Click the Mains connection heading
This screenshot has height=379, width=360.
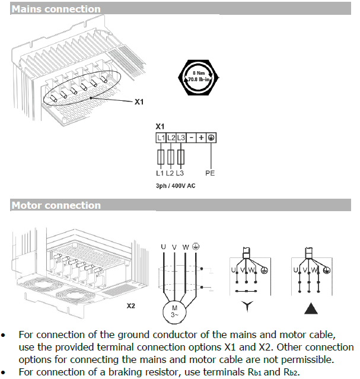coord(56,9)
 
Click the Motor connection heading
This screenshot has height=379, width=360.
coord(56,205)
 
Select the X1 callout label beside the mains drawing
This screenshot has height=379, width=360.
coord(139,102)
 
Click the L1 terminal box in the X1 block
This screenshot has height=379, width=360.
coord(161,138)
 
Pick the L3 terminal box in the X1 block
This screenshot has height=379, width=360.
coord(181,138)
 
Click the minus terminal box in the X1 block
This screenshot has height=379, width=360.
coord(192,138)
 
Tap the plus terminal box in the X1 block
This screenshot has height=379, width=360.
coord(202,138)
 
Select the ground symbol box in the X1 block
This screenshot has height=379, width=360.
coord(212,138)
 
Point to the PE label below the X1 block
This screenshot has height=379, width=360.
coord(211,173)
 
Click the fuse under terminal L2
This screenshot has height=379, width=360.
coord(171,157)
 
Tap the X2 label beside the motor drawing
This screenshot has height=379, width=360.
coord(132,307)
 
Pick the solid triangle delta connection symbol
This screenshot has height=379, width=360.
coord(309,308)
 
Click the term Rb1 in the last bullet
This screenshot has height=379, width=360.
coord(247,372)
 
